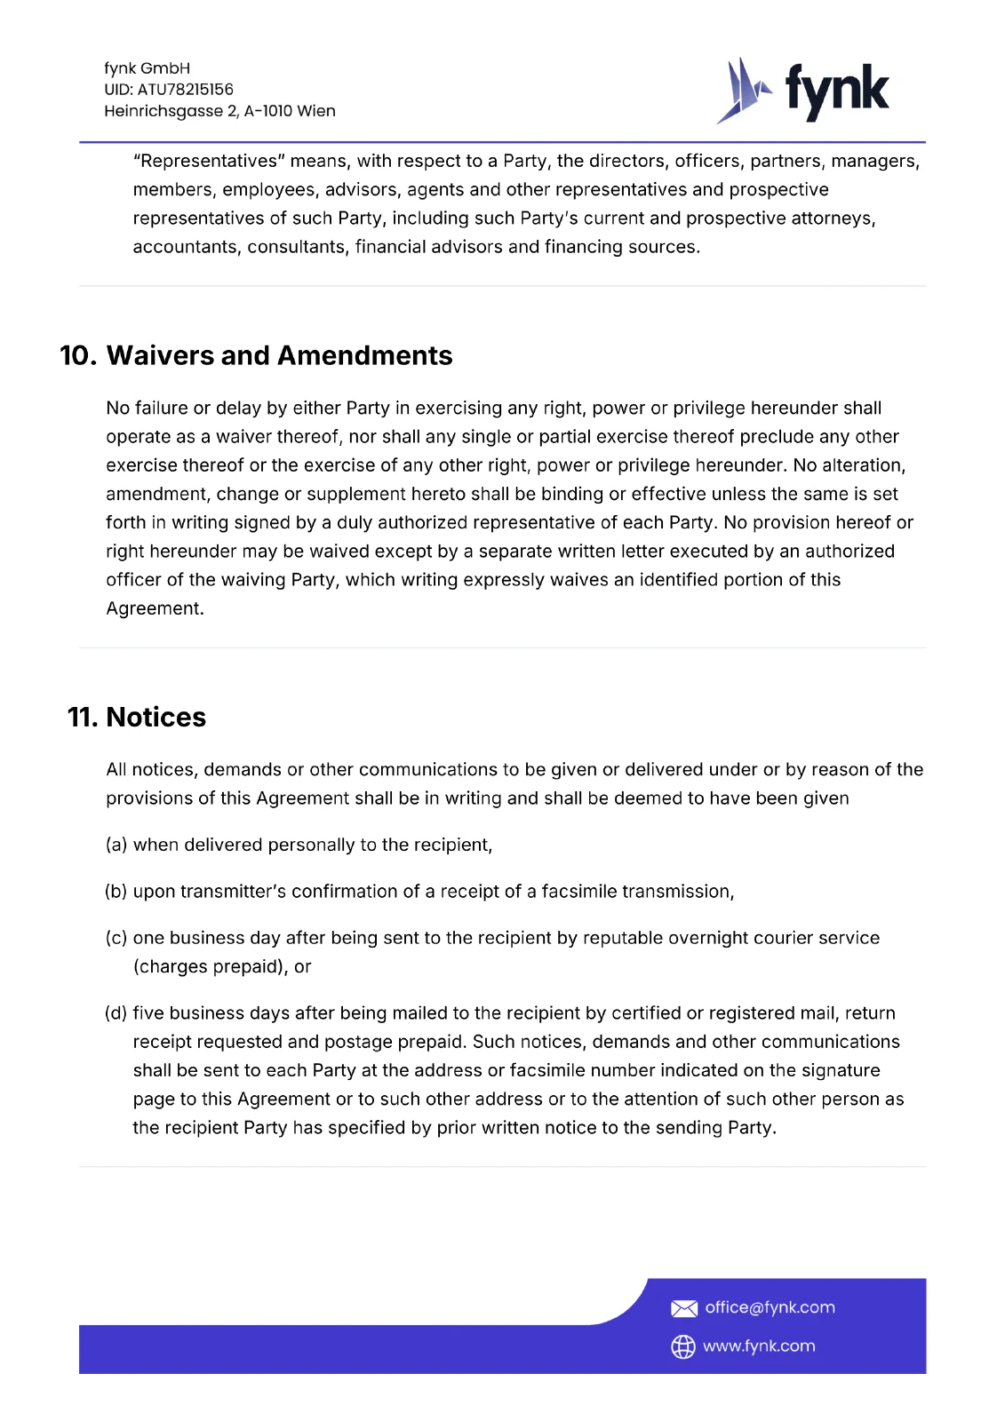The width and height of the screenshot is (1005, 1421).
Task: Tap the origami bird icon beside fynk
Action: pos(743,91)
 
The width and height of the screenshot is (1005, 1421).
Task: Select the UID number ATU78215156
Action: pos(185,90)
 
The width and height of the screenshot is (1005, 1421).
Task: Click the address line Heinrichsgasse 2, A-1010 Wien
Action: pos(219,111)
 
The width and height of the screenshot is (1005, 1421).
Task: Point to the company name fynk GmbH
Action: pos(147,68)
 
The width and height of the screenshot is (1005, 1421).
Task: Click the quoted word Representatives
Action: pos(209,161)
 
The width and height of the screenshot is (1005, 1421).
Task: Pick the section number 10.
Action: pos(77,355)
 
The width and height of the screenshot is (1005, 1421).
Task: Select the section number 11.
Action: pos(82,717)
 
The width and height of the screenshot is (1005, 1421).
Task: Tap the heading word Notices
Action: pos(156,717)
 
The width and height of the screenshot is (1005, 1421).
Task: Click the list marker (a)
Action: pos(116,845)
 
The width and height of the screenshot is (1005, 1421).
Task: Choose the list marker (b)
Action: pos(116,891)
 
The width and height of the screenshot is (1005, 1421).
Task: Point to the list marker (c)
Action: pos(116,938)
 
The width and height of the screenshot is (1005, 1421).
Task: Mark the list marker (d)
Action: pos(116,1012)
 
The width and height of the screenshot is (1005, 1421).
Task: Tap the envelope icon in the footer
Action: pos(683,1308)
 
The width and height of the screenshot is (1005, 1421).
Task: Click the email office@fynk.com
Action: pos(770,1307)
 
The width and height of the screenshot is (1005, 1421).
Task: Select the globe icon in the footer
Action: pos(683,1346)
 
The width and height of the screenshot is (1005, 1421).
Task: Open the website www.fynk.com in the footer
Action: pos(759,1346)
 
